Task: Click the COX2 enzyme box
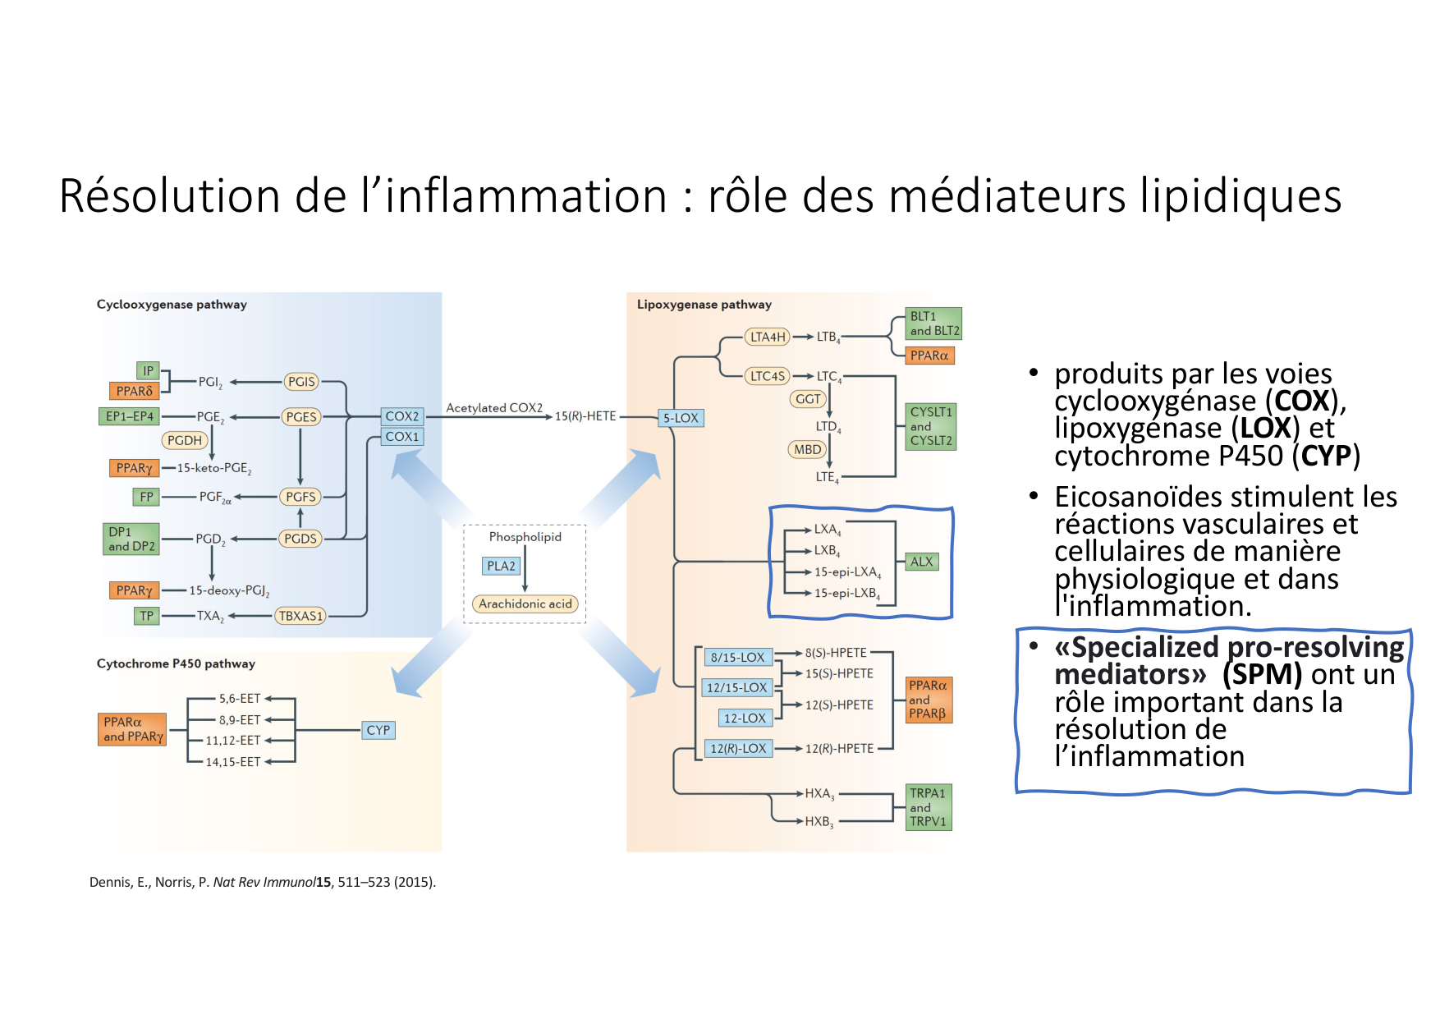(402, 416)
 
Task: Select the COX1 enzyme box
(402, 437)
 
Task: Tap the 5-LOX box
(681, 418)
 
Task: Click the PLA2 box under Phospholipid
(501, 566)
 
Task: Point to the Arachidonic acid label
(525, 604)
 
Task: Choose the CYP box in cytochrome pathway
(378, 730)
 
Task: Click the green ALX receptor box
(921, 562)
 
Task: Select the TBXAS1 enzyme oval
(300, 616)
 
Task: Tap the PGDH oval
(184, 441)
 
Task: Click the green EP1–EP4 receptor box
(130, 416)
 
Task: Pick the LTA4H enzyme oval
(768, 337)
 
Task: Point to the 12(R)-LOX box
(738, 749)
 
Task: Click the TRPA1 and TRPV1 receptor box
(928, 807)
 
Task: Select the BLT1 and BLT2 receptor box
(934, 324)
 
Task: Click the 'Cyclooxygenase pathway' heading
(172, 305)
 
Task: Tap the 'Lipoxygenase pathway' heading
(704, 305)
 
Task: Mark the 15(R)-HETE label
(585, 416)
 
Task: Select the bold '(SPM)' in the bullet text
(1262, 674)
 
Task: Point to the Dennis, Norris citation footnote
(263, 882)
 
